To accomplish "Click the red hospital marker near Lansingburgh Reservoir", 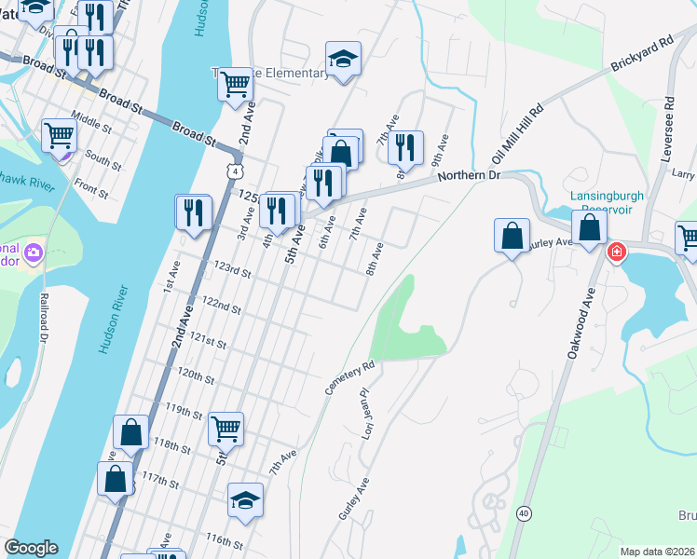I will (616, 252).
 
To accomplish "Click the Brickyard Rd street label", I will (642, 58).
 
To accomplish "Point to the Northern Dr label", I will (469, 175).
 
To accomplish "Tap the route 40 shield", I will (525, 513).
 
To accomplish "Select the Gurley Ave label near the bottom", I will (354, 499).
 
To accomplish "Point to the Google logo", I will (31, 548).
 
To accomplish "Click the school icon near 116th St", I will (246, 499).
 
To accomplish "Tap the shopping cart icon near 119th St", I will (226, 429).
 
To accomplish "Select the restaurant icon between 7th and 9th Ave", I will (405, 146).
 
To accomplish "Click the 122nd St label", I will (222, 306).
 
